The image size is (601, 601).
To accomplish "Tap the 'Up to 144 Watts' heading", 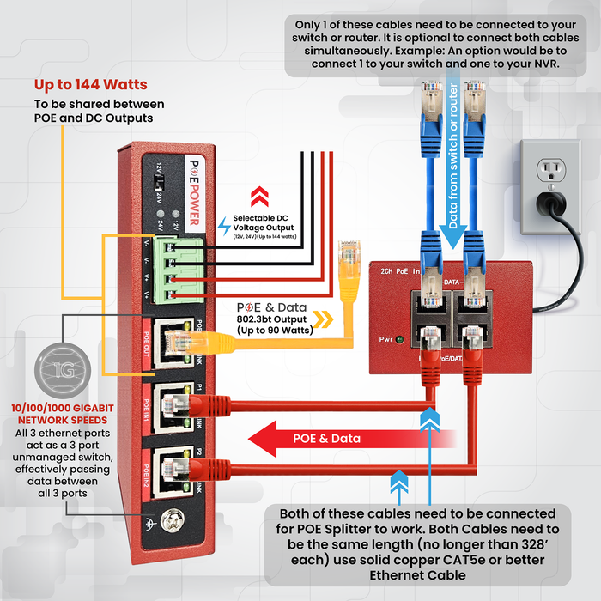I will [90, 85].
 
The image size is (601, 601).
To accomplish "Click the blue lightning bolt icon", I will [224, 226].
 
